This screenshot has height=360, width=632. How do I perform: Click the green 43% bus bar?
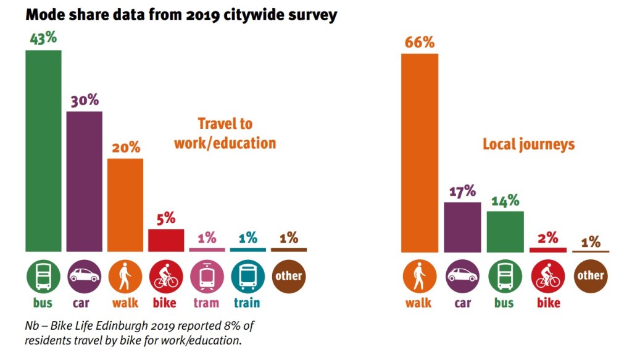click(x=43, y=151)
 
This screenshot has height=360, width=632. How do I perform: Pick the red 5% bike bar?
click(x=166, y=240)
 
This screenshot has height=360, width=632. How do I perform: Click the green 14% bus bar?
click(x=505, y=232)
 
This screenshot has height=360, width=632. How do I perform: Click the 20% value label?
click(x=126, y=148)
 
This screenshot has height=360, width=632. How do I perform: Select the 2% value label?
click(x=548, y=237)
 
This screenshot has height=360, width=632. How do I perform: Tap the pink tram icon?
click(x=207, y=276)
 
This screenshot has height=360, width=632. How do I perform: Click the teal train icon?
click(x=247, y=276)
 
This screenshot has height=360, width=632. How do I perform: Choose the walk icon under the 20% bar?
click(x=125, y=276)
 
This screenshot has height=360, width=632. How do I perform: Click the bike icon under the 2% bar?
click(x=548, y=276)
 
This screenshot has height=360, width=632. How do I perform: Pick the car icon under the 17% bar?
click(x=462, y=276)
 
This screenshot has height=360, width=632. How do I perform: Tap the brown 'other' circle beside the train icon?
click(x=288, y=276)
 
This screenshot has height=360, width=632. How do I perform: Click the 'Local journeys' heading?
click(x=528, y=144)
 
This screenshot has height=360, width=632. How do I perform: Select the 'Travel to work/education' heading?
click(x=225, y=133)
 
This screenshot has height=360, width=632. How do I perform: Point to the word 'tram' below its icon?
click(x=207, y=303)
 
